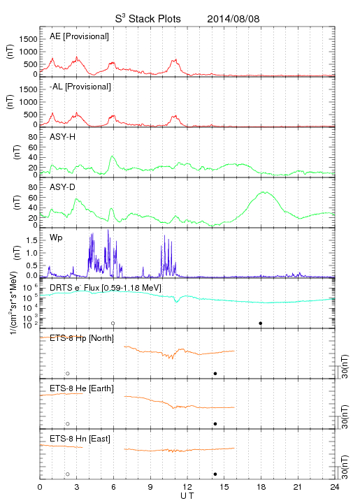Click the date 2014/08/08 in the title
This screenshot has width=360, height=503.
click(x=233, y=19)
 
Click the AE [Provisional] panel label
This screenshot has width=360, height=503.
click(x=79, y=36)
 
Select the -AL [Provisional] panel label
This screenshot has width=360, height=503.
click(x=80, y=87)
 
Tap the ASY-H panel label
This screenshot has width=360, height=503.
click(x=63, y=137)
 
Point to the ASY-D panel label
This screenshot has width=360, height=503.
click(x=63, y=187)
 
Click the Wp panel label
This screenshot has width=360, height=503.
click(x=56, y=238)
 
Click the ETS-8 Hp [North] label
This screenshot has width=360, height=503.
click(x=82, y=338)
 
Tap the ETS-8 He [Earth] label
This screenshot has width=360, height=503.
click(x=82, y=388)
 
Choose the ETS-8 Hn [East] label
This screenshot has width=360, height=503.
click(x=80, y=439)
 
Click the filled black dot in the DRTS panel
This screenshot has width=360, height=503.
click(x=261, y=323)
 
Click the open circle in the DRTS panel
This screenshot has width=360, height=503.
click(x=113, y=323)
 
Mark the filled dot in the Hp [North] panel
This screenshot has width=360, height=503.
click(x=215, y=373)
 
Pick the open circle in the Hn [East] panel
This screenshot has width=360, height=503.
click(x=68, y=474)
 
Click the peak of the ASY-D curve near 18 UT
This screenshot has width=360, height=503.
click(x=264, y=192)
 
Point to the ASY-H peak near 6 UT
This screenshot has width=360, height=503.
click(x=112, y=156)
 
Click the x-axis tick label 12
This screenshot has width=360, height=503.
click(x=187, y=487)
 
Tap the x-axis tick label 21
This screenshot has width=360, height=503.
click(x=298, y=487)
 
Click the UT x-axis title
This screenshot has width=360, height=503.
click(x=187, y=496)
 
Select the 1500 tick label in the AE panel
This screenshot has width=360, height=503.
click(x=28, y=39)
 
